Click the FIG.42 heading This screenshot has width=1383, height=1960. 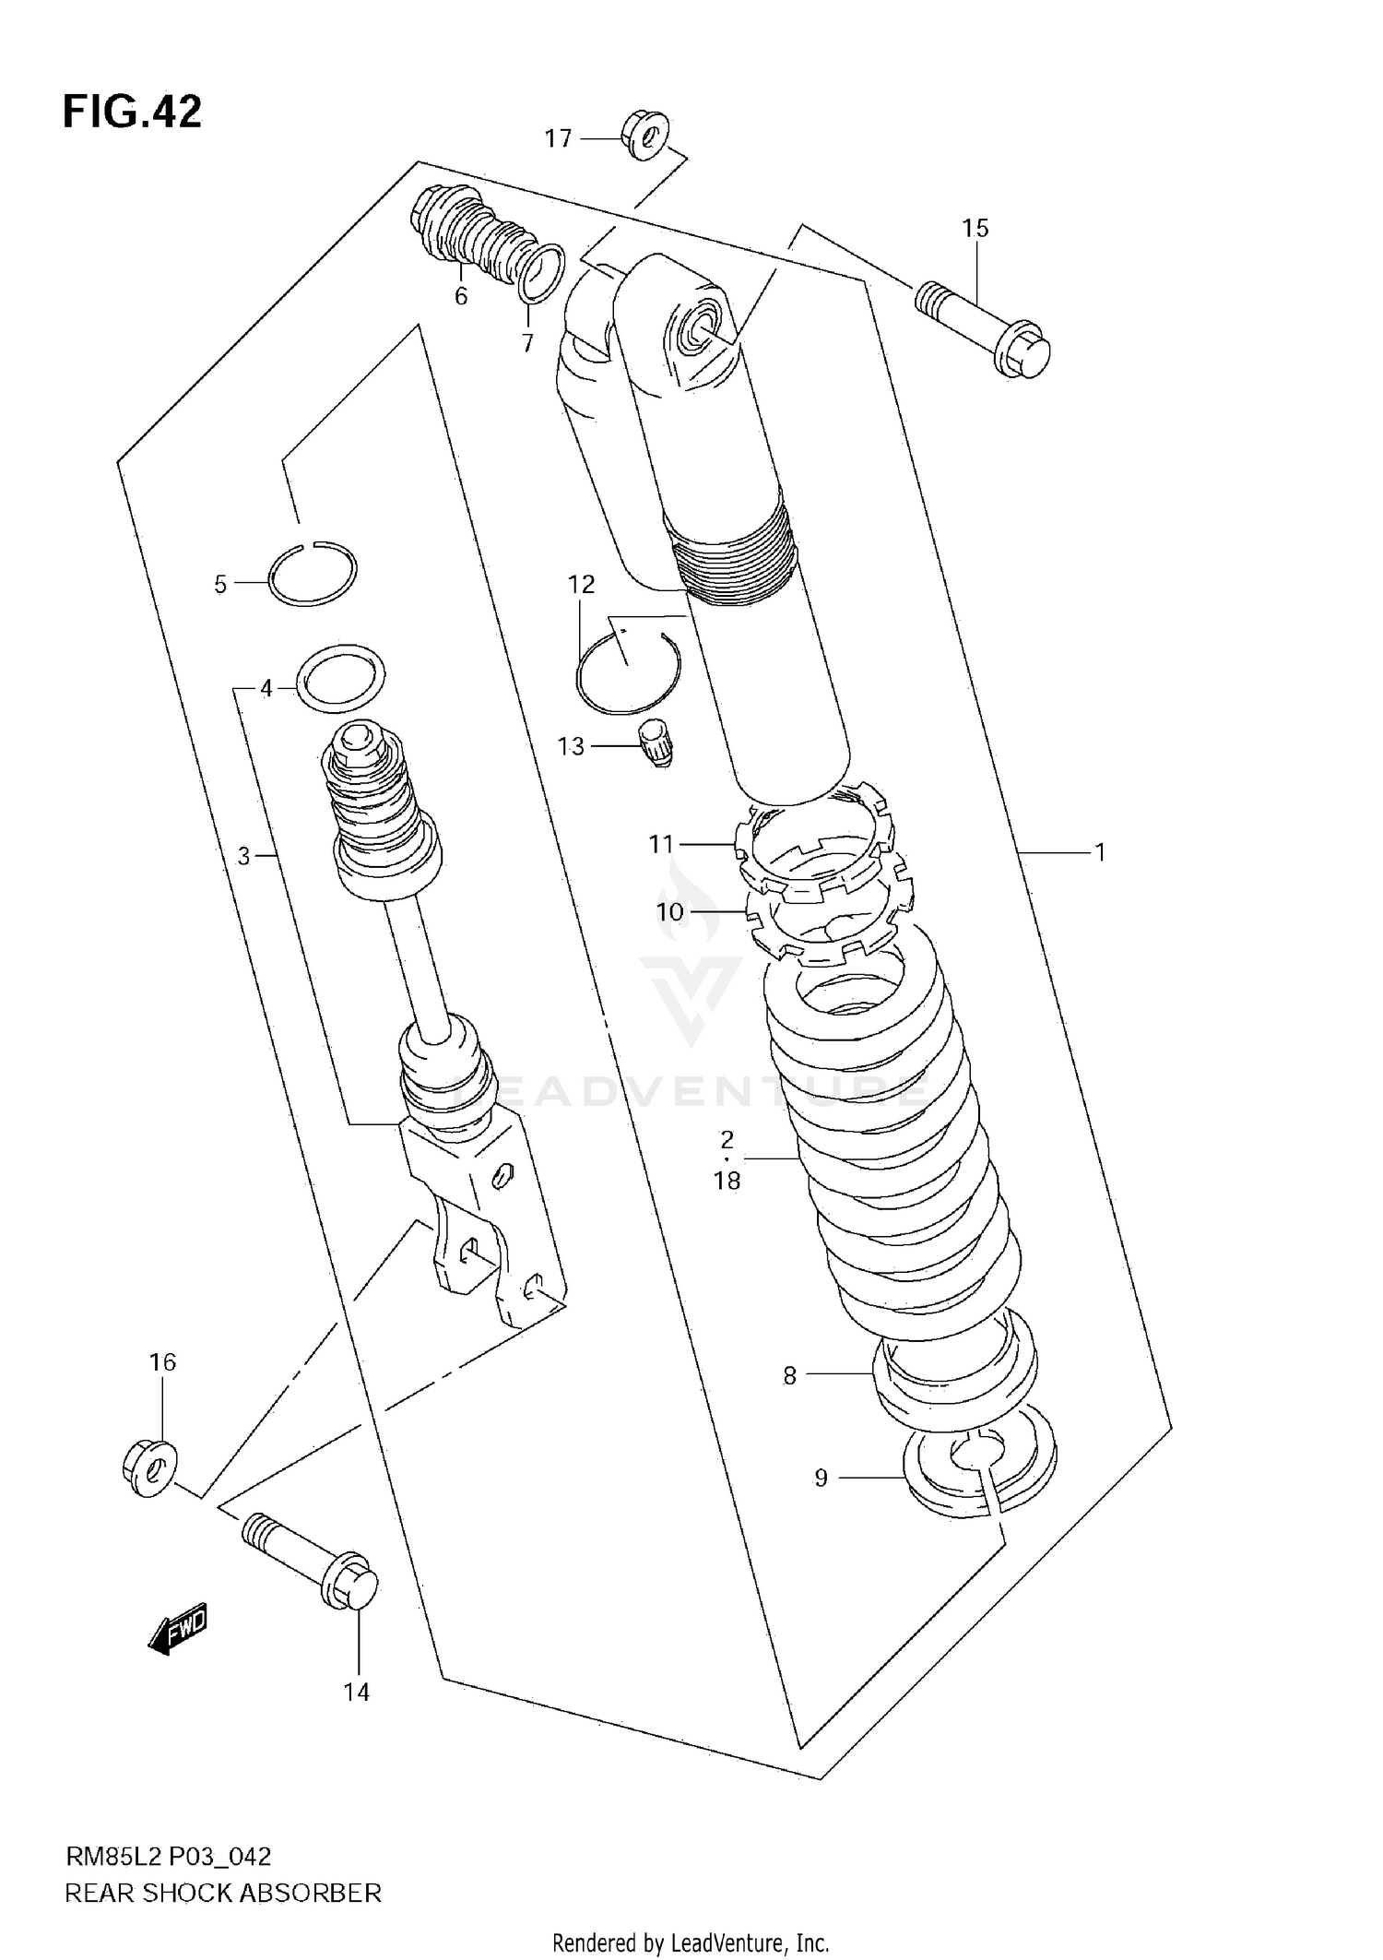(x=132, y=112)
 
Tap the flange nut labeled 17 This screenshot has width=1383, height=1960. (x=646, y=136)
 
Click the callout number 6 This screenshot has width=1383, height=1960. (x=461, y=296)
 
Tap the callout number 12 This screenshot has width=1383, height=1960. (x=581, y=584)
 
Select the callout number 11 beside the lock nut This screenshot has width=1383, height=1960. (x=661, y=843)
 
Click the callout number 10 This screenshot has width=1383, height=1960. (x=669, y=912)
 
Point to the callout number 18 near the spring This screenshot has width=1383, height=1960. (x=727, y=1181)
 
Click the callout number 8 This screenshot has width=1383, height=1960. (x=789, y=1376)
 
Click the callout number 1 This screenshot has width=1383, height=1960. (x=1099, y=852)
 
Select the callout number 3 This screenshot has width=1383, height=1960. (x=243, y=856)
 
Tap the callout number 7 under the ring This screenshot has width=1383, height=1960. (x=527, y=343)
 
